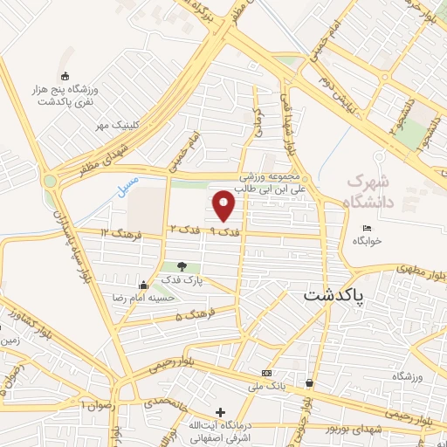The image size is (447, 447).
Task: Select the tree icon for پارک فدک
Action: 182,266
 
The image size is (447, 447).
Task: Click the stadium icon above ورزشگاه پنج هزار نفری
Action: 65,77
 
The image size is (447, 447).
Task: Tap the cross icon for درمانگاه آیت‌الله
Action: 220,412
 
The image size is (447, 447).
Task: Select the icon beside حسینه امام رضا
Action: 143,285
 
